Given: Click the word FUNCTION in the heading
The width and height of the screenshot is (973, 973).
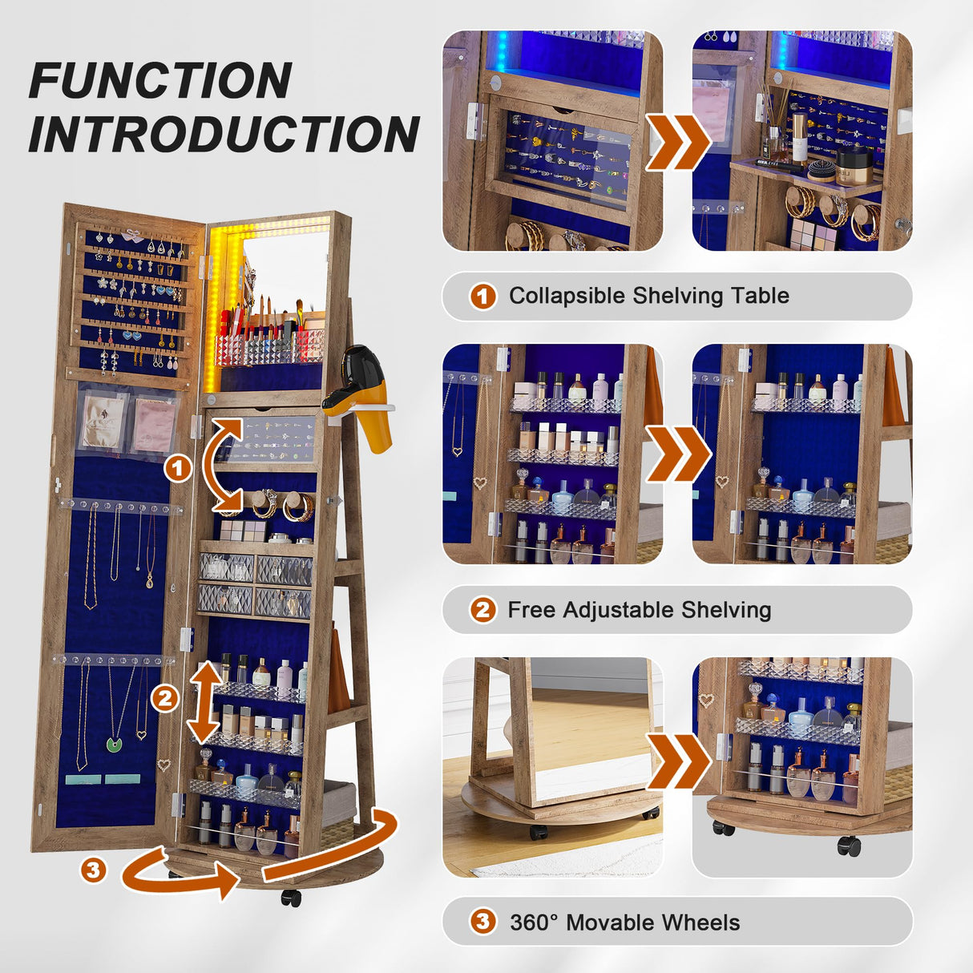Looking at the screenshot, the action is pos(160,80).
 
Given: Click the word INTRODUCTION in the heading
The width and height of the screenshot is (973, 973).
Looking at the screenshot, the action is pos(224,133).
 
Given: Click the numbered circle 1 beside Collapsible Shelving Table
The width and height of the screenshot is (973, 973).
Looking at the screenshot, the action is pos(482,297).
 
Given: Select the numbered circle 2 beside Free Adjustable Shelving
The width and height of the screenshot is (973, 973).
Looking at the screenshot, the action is pos(482,610).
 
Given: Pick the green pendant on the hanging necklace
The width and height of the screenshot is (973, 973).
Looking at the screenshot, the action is pos(115,745).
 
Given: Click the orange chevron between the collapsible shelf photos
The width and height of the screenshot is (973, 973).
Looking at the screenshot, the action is pos(677,142).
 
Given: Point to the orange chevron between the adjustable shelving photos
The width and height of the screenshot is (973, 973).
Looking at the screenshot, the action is pos(677,454).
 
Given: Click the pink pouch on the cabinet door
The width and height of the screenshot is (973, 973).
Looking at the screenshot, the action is pos(154,425).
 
